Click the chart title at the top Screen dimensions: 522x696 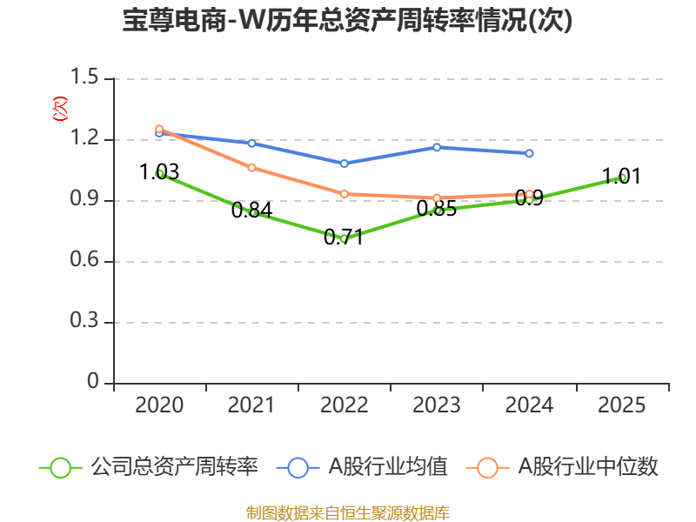click(x=348, y=21)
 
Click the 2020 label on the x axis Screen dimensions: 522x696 click(x=159, y=405)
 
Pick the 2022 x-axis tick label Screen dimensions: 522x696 click(x=345, y=405)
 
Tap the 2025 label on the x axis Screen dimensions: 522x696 click(x=621, y=405)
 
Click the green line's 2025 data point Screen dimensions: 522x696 click(x=622, y=177)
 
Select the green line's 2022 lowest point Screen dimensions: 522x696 click(x=345, y=238)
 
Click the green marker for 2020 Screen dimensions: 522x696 click(x=159, y=174)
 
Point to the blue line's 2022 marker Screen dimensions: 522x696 click(x=345, y=164)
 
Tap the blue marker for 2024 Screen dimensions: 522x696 click(x=529, y=153)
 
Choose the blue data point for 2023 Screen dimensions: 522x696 click(x=437, y=147)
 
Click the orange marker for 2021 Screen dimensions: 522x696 click(x=252, y=167)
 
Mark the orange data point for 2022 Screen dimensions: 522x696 click(x=345, y=194)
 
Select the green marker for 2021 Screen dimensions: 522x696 click(x=252, y=212)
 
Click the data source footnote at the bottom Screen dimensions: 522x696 click(x=348, y=512)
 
